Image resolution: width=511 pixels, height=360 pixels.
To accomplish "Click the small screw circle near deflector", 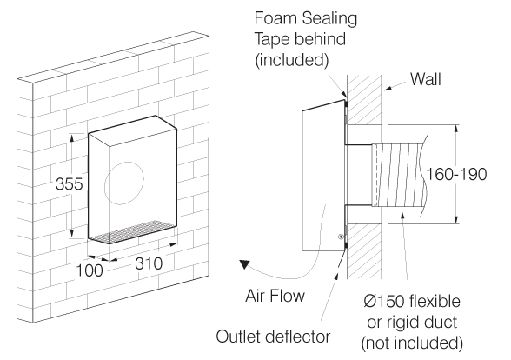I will pos(342,236).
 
